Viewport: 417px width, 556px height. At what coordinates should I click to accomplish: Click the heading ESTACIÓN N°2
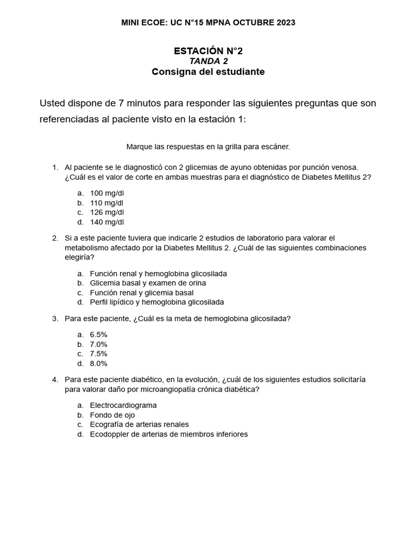208,51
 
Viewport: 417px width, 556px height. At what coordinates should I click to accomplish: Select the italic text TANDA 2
208,61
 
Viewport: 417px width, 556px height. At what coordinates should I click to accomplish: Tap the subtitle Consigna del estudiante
208,72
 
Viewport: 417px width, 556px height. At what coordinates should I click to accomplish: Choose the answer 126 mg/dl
106,212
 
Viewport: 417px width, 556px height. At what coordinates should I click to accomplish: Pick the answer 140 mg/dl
106,222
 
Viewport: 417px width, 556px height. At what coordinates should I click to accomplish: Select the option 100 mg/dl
106,193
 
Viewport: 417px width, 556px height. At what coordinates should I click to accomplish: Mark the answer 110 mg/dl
106,203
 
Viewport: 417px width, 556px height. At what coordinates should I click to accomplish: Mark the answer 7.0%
98,344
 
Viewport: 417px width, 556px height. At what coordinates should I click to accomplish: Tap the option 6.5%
98,334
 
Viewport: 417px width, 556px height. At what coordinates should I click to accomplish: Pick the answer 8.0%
98,364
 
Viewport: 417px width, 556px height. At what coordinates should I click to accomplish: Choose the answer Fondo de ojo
112,415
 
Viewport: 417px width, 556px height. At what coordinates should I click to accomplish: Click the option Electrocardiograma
123,405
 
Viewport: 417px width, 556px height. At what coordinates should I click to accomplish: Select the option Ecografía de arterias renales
139,425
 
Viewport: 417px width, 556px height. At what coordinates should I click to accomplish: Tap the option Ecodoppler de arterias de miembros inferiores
168,434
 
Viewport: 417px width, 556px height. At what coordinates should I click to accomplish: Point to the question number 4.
55,380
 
